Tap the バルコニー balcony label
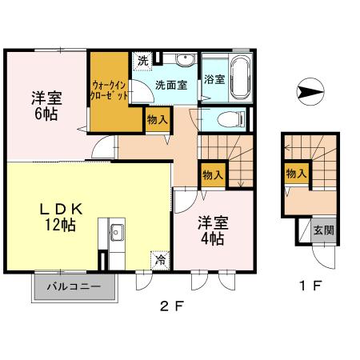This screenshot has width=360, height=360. point(73,286)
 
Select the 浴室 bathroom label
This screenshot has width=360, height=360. point(214,79)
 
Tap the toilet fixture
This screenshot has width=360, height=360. point(229,119)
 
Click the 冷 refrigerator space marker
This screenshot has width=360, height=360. point(161,258)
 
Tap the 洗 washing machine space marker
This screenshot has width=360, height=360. point(142,61)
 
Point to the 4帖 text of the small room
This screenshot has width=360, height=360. point(212,238)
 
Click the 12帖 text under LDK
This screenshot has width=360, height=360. point(59,226)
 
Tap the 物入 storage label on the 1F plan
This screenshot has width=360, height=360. point(295,173)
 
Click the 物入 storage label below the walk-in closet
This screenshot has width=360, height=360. point(158,121)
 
